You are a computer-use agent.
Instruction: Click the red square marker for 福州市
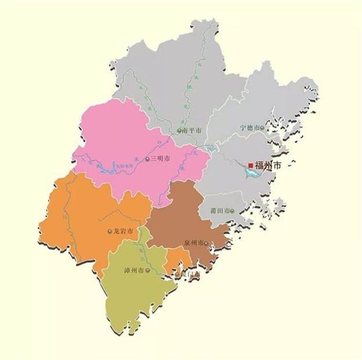(x=251, y=166)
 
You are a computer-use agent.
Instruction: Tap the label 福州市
(x=268, y=166)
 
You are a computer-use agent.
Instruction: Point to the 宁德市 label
(x=249, y=127)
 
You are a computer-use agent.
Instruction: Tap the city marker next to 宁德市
(x=262, y=127)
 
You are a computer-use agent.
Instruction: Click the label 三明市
(x=160, y=159)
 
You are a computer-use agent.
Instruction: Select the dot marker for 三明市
(x=147, y=159)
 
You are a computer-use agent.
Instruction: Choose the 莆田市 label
(x=218, y=211)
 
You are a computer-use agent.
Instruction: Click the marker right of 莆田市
(x=232, y=211)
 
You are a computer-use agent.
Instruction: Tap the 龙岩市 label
(x=123, y=232)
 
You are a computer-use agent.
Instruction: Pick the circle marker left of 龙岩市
(x=110, y=232)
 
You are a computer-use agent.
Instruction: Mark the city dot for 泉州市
(x=206, y=244)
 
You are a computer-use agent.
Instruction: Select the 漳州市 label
(x=134, y=270)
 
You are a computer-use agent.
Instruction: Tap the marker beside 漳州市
(x=148, y=270)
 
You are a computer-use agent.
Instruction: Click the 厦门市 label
(x=191, y=274)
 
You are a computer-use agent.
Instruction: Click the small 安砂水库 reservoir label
(x=108, y=166)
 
